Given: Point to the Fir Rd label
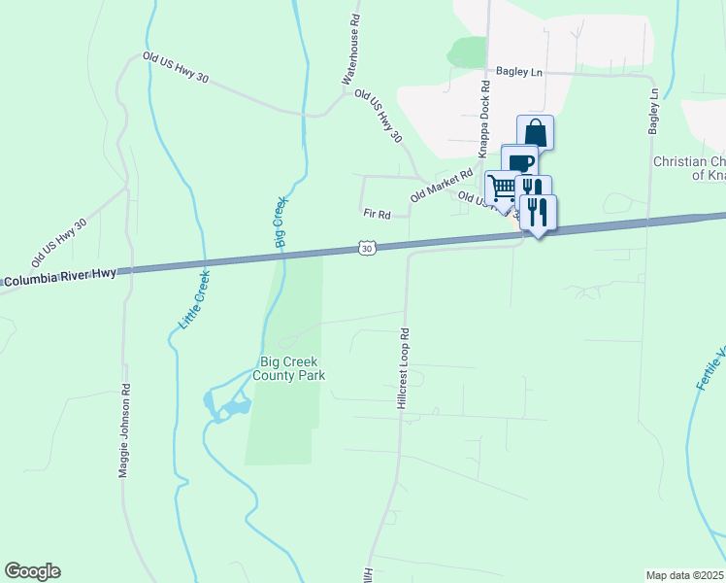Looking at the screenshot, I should [x=377, y=214].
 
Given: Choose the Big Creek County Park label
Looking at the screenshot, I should [x=288, y=368].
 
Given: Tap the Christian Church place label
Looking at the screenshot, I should [x=689, y=168].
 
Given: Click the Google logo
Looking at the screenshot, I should [x=32, y=571].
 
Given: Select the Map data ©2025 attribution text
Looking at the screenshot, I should [x=684, y=575].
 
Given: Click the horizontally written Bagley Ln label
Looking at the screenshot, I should [x=516, y=71].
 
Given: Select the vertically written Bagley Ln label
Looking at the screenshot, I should [x=654, y=111].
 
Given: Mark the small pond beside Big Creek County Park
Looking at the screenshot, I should [x=221, y=406].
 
